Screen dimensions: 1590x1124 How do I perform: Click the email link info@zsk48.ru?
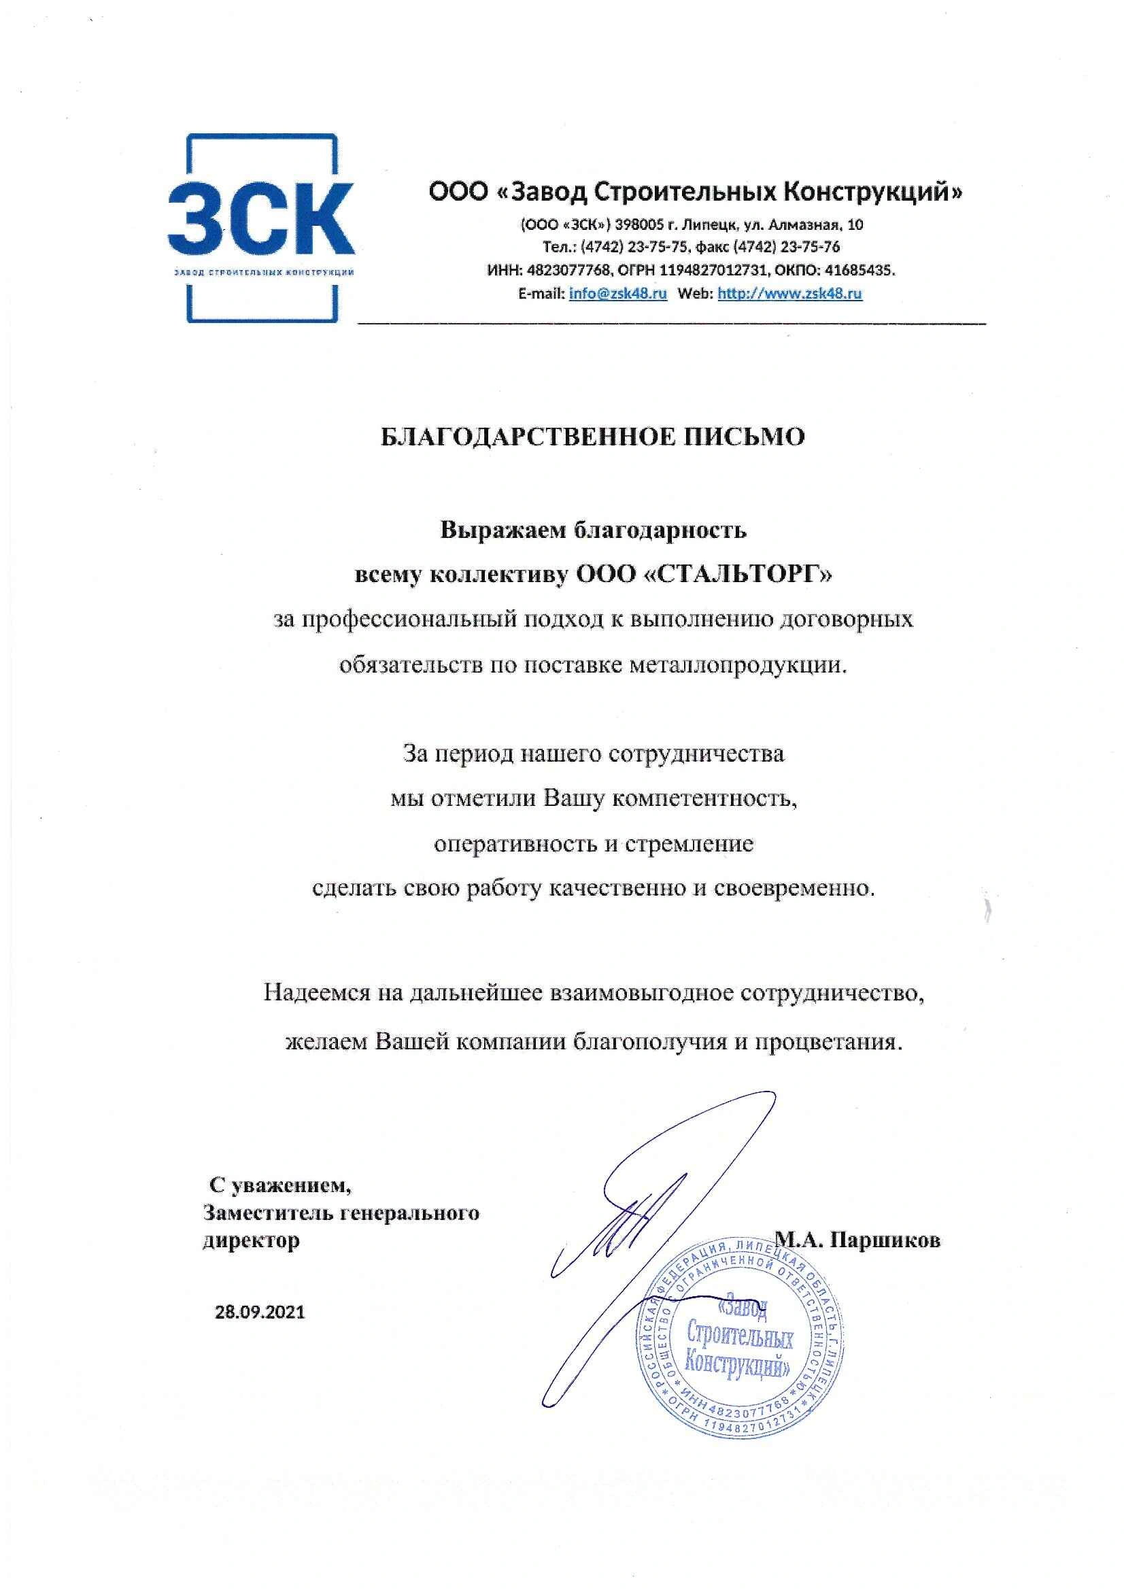coord(617,293)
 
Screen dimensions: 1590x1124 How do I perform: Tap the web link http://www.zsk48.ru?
coord(789,293)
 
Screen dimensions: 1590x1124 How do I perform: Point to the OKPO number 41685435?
coord(864,270)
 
